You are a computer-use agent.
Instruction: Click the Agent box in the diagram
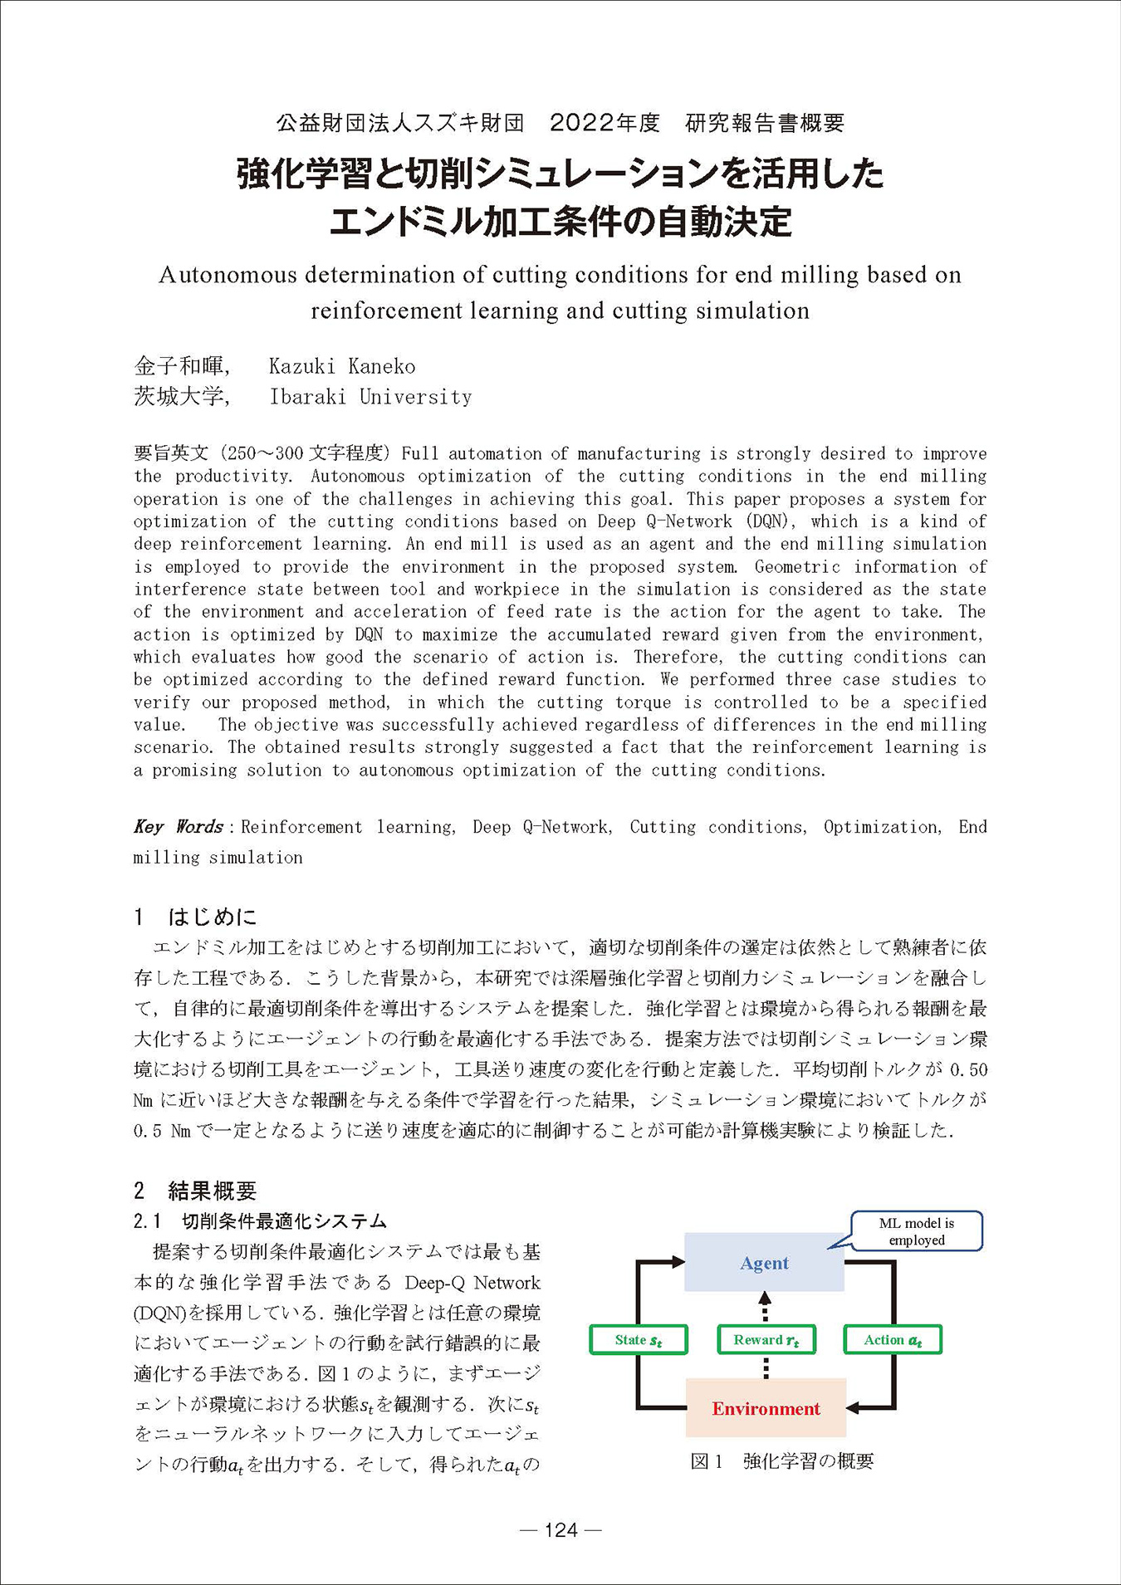pyautogui.click(x=764, y=1263)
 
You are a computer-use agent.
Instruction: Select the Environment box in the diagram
pyautogui.click(x=766, y=1408)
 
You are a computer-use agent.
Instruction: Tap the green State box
pyautogui.click(x=638, y=1339)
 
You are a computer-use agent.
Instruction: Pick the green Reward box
pyautogui.click(x=766, y=1339)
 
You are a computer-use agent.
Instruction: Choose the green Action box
pyautogui.click(x=893, y=1339)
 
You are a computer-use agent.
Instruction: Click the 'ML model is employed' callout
pyautogui.click(x=917, y=1231)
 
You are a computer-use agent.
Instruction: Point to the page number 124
pyautogui.click(x=560, y=1529)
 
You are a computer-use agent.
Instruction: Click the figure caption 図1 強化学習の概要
pyautogui.click(x=781, y=1461)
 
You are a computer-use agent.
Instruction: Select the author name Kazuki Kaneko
pyautogui.click(x=342, y=366)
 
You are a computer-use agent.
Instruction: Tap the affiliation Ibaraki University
pyautogui.click(x=370, y=397)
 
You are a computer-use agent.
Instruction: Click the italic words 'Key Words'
pyautogui.click(x=179, y=827)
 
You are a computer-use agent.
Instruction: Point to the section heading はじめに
pyautogui.click(x=213, y=917)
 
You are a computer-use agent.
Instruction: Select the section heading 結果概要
pyautogui.click(x=213, y=1191)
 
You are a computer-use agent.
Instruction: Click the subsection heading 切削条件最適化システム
pyautogui.click(x=285, y=1221)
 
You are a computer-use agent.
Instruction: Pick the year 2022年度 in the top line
pyautogui.click(x=605, y=123)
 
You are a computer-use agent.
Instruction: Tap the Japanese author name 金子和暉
pyautogui.click(x=179, y=366)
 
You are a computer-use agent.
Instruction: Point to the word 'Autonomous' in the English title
pyautogui.click(x=228, y=275)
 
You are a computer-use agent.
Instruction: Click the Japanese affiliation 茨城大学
pyautogui.click(x=179, y=397)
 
